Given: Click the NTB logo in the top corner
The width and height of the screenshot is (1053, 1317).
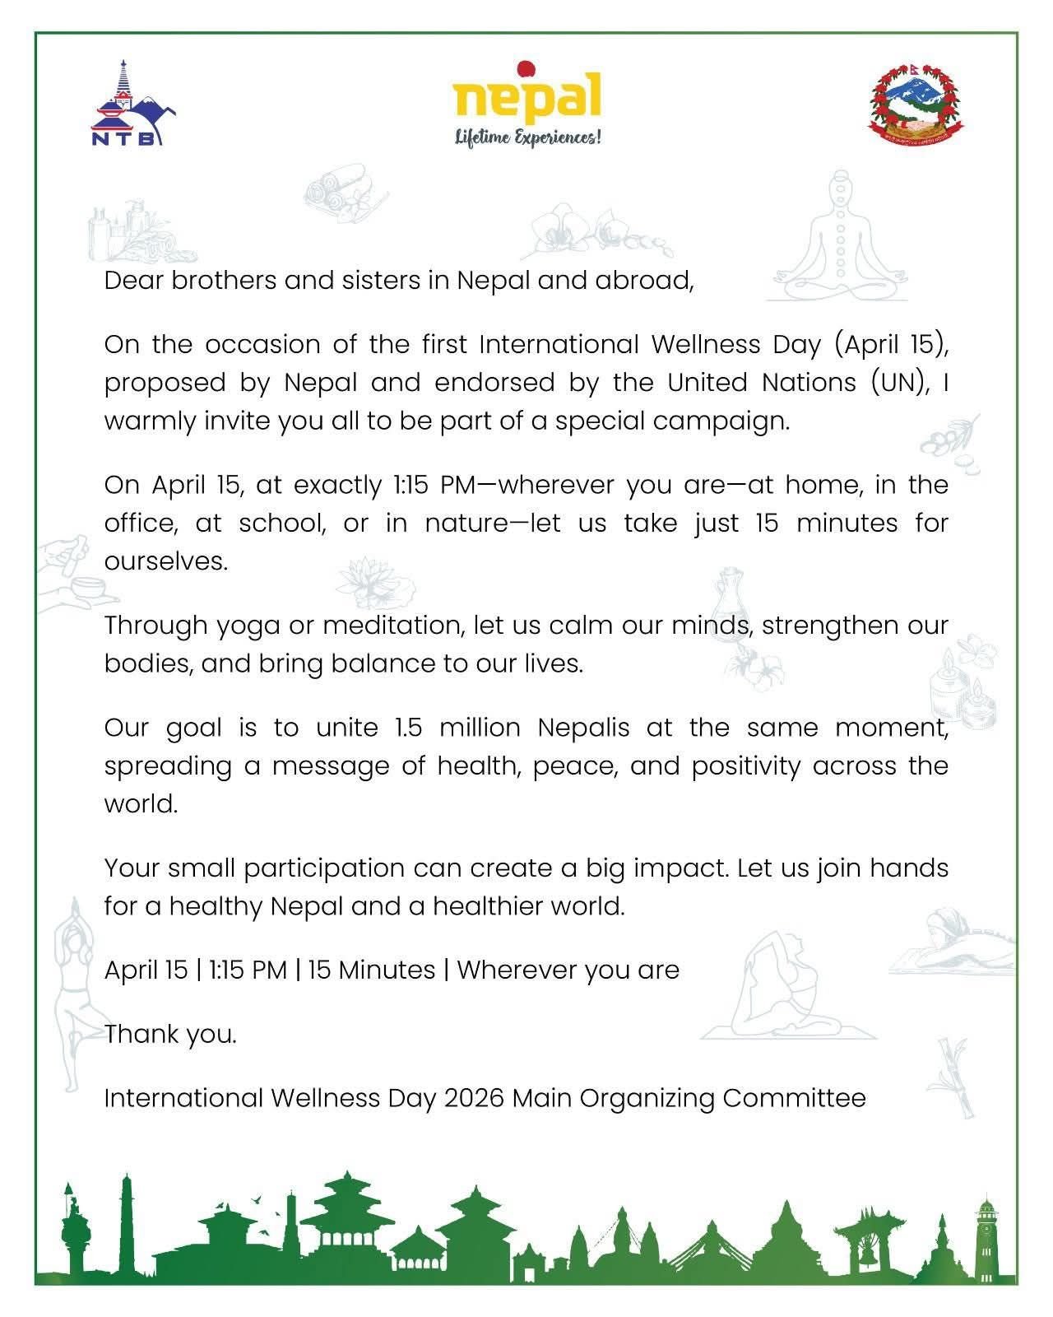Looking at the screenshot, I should [132, 104].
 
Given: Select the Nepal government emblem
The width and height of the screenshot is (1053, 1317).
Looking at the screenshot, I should [916, 100].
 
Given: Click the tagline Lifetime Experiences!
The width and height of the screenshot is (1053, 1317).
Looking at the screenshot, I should [528, 137].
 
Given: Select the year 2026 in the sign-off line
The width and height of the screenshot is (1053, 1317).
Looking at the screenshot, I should [474, 1098].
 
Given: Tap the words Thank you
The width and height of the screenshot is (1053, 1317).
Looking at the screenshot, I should [170, 1034].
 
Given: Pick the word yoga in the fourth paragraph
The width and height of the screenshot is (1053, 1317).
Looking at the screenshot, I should [253, 626].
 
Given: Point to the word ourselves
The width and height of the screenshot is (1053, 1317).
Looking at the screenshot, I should [165, 561].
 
